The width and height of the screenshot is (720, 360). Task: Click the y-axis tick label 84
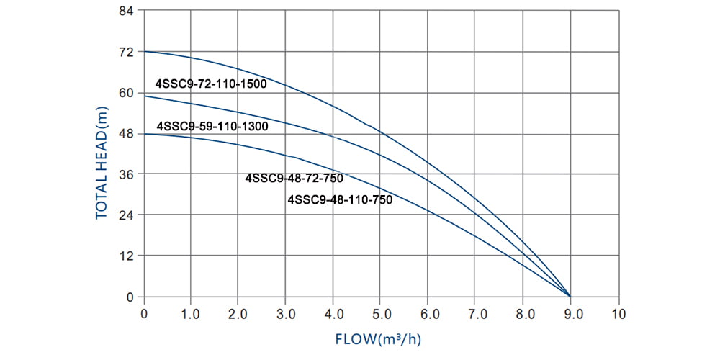point(126,12)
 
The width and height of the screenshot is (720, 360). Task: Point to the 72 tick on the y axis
point(126,52)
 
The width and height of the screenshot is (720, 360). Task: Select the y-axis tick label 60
point(126,93)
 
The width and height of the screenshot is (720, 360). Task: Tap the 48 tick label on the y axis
point(126,134)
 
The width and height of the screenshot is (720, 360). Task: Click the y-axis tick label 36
point(126,174)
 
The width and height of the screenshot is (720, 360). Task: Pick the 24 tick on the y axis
point(126,215)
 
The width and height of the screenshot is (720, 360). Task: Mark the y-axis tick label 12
point(126,256)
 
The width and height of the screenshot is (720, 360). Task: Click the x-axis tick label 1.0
point(191,314)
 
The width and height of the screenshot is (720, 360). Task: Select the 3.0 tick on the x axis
point(286,314)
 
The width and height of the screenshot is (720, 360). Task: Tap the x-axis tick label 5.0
point(381,314)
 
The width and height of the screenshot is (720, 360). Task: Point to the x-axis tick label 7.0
point(476,314)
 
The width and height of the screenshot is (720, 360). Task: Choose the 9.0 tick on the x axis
point(571,314)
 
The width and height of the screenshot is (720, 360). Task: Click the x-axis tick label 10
point(618,314)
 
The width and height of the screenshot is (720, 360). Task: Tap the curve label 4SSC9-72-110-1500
point(211,84)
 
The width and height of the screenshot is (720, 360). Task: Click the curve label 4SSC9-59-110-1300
point(212,125)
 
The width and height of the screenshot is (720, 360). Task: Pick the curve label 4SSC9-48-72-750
point(294,179)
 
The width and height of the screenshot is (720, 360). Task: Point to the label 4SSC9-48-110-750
point(340,200)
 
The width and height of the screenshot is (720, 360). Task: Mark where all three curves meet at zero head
point(571,296)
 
